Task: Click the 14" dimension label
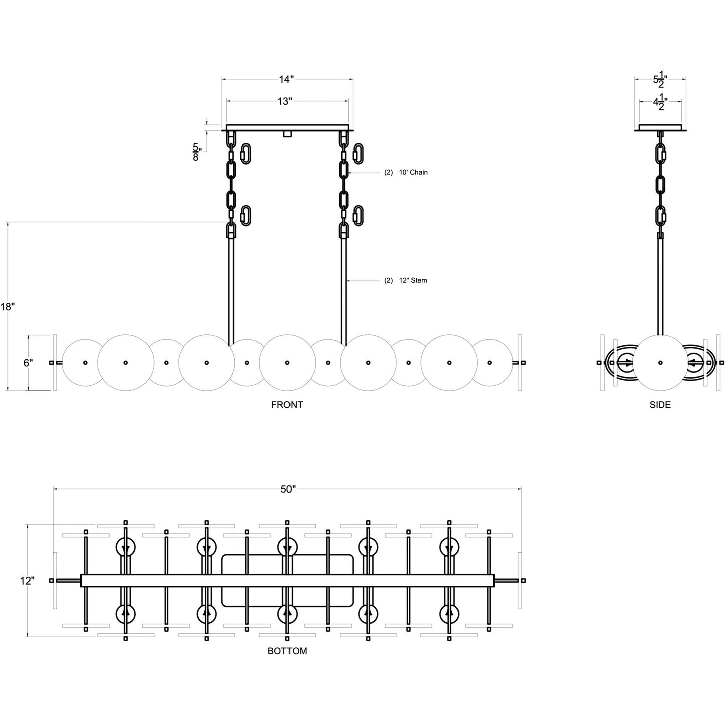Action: click(286, 79)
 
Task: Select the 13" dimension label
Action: click(284, 102)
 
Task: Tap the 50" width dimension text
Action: click(288, 489)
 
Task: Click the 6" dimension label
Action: click(29, 363)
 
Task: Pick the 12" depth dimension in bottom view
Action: click(27, 581)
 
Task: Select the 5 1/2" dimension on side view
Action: click(660, 79)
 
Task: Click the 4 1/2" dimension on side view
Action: click(660, 102)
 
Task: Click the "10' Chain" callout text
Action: click(413, 172)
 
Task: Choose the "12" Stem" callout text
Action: click(412, 280)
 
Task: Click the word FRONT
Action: click(287, 405)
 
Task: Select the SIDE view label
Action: click(660, 405)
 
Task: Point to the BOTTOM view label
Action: click(287, 651)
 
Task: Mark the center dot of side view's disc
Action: click(660, 363)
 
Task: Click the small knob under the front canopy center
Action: click(287, 134)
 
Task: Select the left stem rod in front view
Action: click(231, 291)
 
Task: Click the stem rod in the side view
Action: click(660, 286)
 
